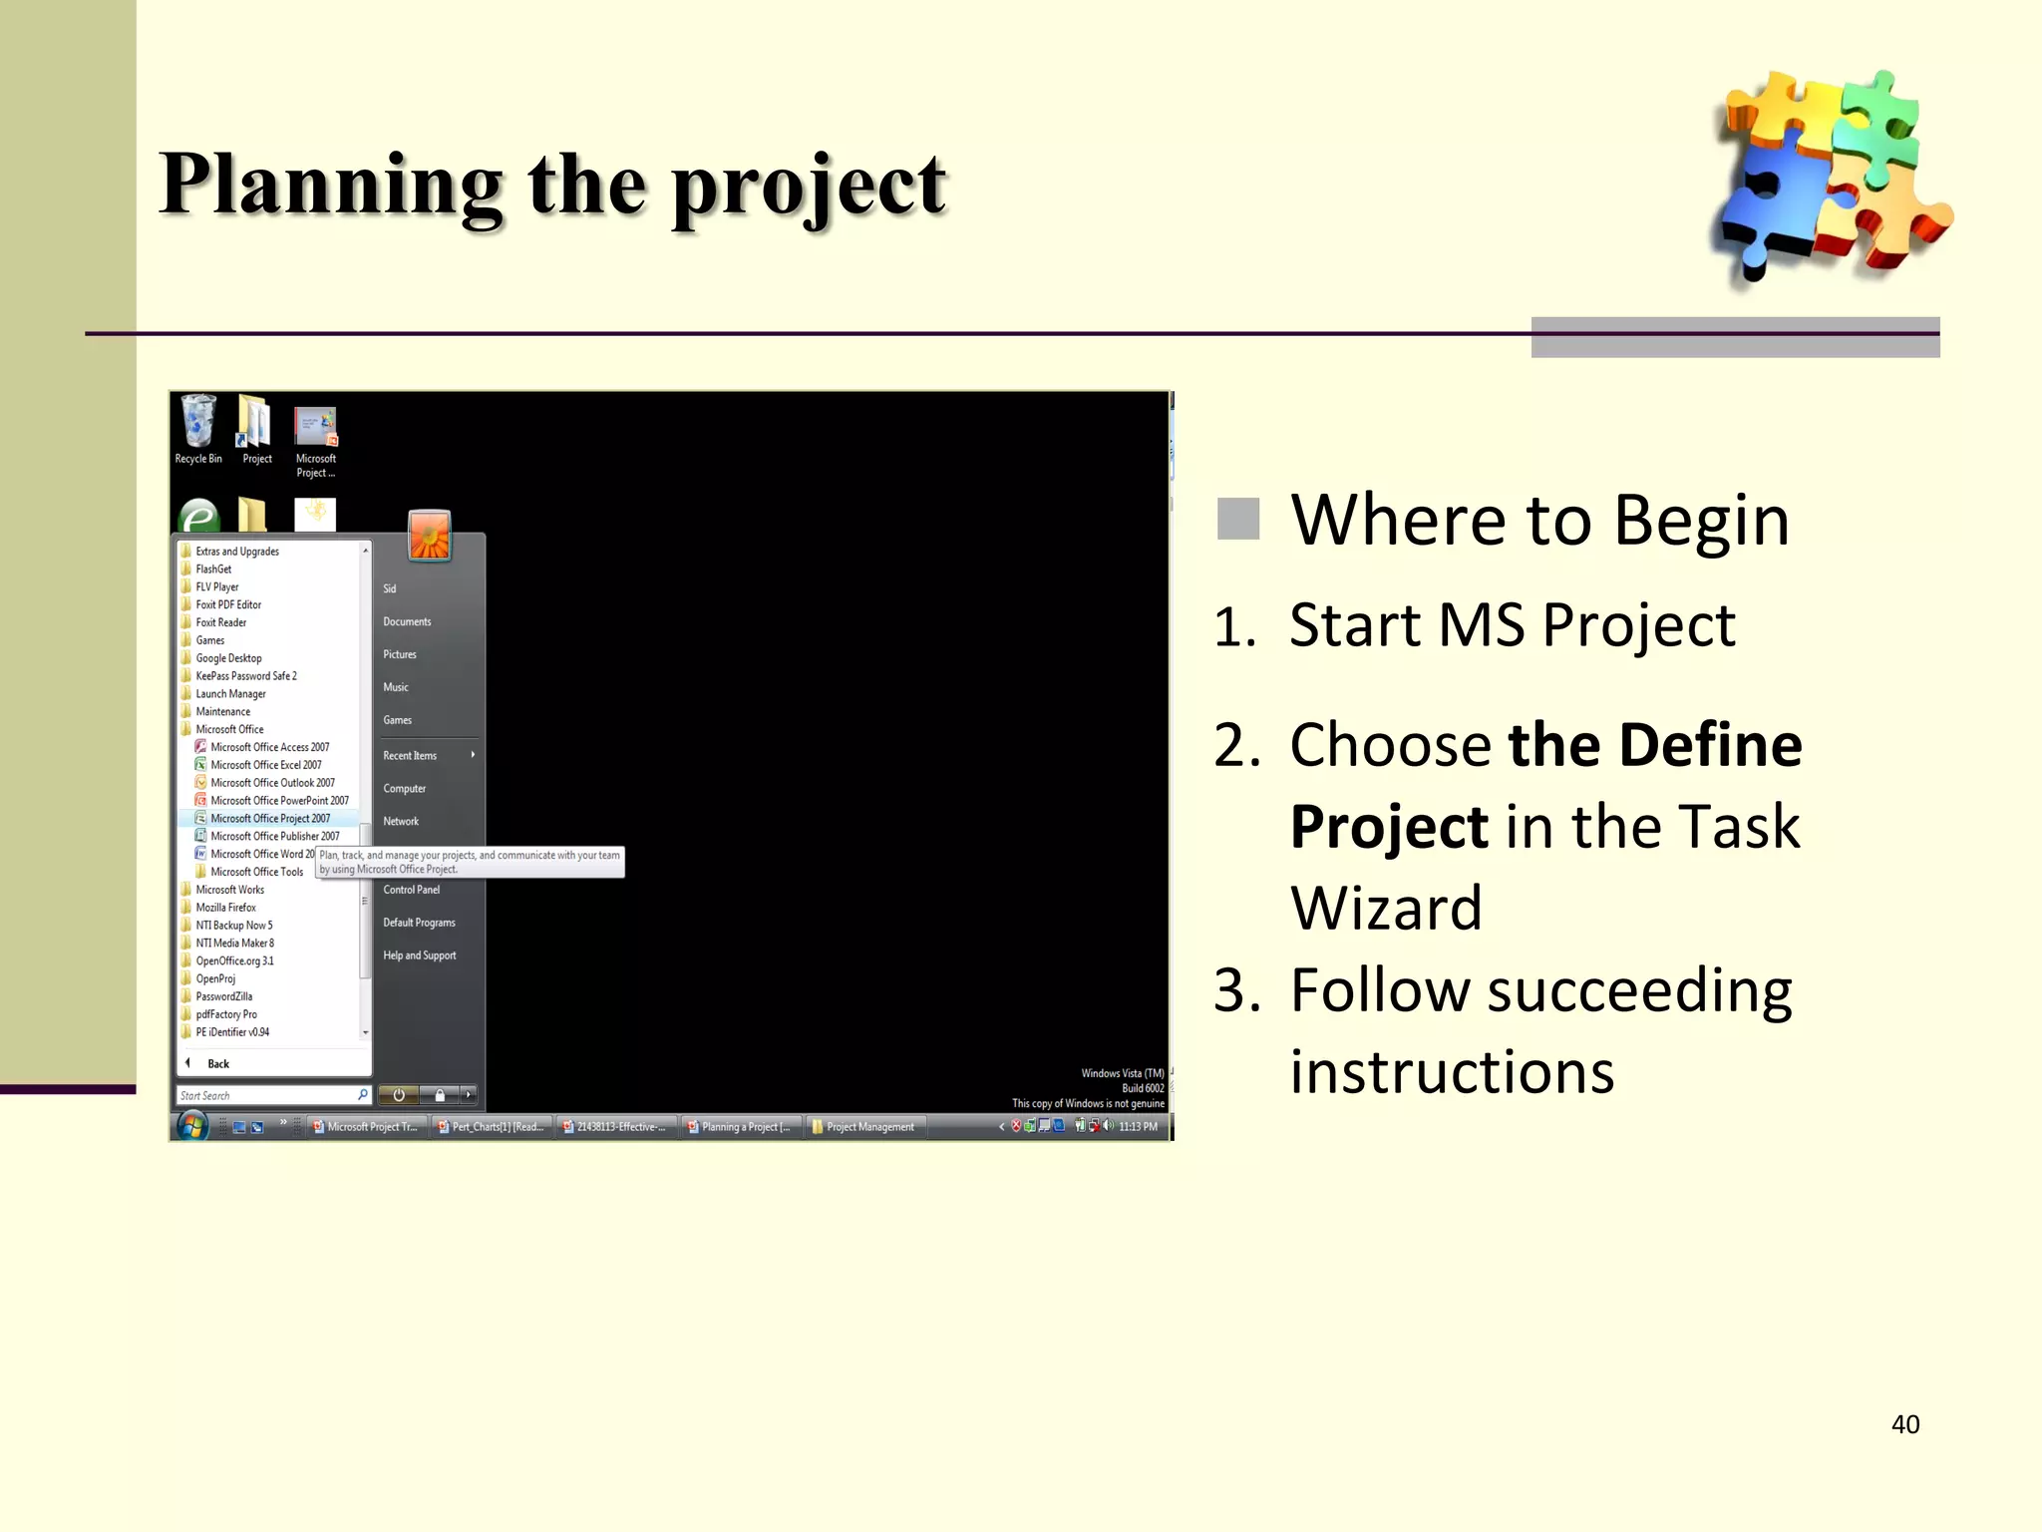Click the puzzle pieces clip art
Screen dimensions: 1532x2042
coord(1830,175)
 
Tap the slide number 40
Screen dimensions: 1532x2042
coord(1904,1424)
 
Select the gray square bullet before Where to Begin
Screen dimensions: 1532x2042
coord(1238,519)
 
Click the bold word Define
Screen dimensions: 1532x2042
coord(1710,746)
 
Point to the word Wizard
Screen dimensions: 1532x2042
coord(1386,909)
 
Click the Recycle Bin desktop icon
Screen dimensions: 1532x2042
coord(198,429)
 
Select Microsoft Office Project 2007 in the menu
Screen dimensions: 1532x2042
coord(269,819)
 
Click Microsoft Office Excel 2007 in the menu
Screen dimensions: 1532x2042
coord(265,765)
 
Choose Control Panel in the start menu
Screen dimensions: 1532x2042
coord(411,890)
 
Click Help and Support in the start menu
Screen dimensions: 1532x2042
coord(419,956)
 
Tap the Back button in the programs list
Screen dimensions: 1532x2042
coord(217,1064)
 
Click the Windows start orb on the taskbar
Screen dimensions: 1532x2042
coord(191,1126)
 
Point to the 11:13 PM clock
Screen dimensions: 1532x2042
coord(1138,1127)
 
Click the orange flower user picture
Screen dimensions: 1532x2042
coord(430,537)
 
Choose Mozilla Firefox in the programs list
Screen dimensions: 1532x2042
coord(225,908)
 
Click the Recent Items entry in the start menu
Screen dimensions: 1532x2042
coord(410,756)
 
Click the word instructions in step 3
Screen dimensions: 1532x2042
coord(1452,1073)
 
